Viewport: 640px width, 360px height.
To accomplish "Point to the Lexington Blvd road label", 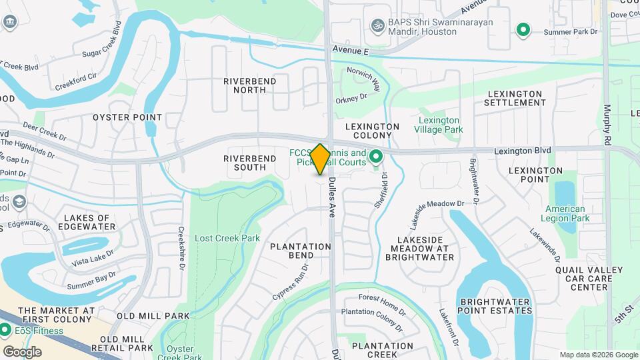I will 522,151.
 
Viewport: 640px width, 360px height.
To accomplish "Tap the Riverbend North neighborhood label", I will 245,85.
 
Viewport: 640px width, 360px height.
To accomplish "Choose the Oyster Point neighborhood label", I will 127,117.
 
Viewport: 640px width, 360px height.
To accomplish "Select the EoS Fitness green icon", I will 6,329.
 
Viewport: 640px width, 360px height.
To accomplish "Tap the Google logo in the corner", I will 21,352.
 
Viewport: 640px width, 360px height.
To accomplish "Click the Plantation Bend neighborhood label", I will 301,251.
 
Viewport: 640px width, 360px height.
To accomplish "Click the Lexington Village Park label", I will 439,125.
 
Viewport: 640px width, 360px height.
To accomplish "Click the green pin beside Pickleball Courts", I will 375,157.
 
